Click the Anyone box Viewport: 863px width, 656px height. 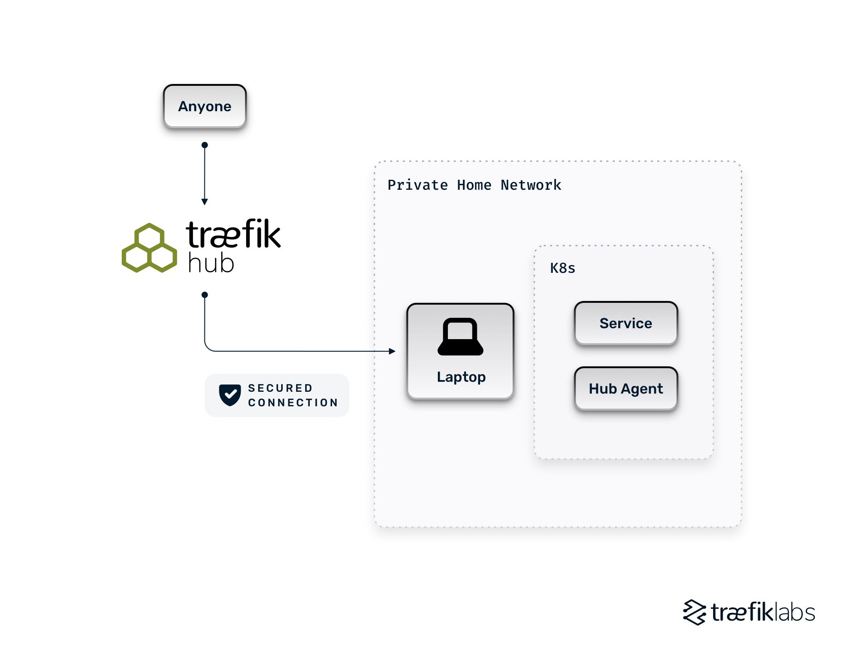coord(204,106)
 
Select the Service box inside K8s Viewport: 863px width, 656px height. coord(625,323)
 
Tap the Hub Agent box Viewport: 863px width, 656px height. coord(625,389)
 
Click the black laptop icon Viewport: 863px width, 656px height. coord(460,337)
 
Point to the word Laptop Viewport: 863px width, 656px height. coord(461,377)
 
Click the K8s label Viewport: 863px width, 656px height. coord(562,268)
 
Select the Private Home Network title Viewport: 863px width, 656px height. coord(474,185)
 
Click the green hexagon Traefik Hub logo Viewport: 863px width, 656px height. coord(149,248)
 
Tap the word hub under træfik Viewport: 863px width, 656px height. coord(211,264)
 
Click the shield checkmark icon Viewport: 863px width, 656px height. coord(230,395)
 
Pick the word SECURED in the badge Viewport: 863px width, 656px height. coord(280,388)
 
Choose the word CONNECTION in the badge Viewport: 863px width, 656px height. coord(293,403)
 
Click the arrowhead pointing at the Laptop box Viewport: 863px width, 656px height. coord(392,351)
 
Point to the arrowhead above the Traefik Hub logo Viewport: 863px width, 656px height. coord(204,202)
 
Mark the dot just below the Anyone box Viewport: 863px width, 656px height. coord(204,145)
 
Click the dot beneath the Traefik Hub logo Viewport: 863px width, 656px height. coord(204,295)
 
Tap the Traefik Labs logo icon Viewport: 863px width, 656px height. coord(694,612)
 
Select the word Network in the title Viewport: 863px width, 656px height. coord(531,185)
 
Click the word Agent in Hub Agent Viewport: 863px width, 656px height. coord(642,389)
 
